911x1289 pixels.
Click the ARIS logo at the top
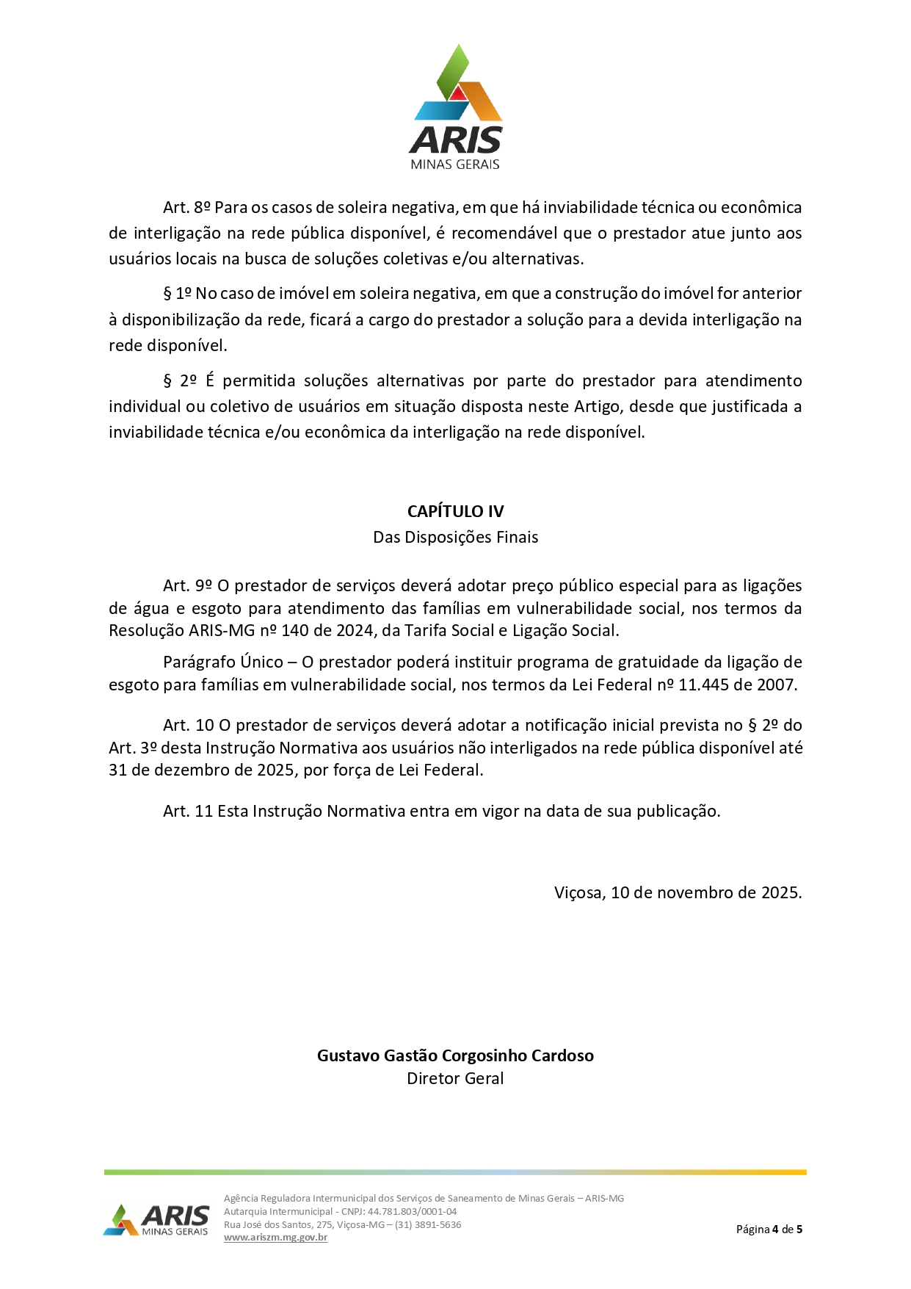[456, 107]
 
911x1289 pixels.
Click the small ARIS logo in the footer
[156, 1220]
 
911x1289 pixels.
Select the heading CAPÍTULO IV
[455, 511]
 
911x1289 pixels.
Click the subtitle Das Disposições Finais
[455, 537]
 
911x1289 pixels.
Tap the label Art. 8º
[186, 208]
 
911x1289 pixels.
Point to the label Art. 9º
[187, 585]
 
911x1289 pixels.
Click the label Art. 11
[187, 811]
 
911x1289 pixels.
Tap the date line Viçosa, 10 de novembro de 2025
[678, 892]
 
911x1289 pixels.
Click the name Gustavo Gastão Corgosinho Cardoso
[455, 1055]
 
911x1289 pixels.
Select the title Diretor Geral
[455, 1078]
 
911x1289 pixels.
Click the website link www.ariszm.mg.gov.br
[275, 1238]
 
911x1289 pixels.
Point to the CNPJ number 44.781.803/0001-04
[412, 1211]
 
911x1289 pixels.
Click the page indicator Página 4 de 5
[769, 1229]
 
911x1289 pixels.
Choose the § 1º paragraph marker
[177, 294]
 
